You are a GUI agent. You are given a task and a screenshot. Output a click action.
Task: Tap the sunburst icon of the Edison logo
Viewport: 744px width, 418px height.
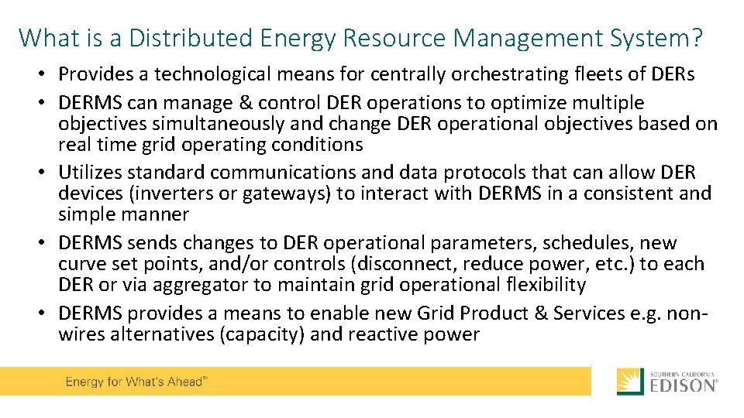(630, 382)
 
